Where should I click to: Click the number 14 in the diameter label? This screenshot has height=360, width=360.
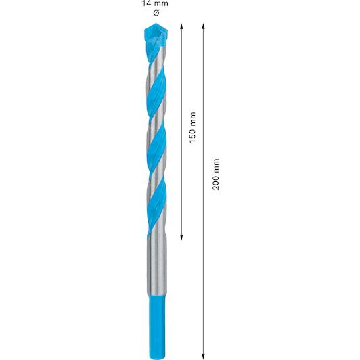[146, 3]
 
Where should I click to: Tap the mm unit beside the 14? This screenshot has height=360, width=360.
[162, 4]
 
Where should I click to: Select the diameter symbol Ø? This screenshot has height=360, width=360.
[156, 13]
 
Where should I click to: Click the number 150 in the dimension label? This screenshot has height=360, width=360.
[192, 135]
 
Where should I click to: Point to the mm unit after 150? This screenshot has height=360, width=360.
[193, 118]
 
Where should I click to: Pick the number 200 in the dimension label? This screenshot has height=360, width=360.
[216, 181]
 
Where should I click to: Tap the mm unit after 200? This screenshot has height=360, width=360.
[217, 165]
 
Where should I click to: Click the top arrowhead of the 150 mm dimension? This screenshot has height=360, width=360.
[181, 26]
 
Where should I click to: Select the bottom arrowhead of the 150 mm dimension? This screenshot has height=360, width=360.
[181, 238]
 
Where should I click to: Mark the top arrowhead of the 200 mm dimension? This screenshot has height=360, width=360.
[203, 26]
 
